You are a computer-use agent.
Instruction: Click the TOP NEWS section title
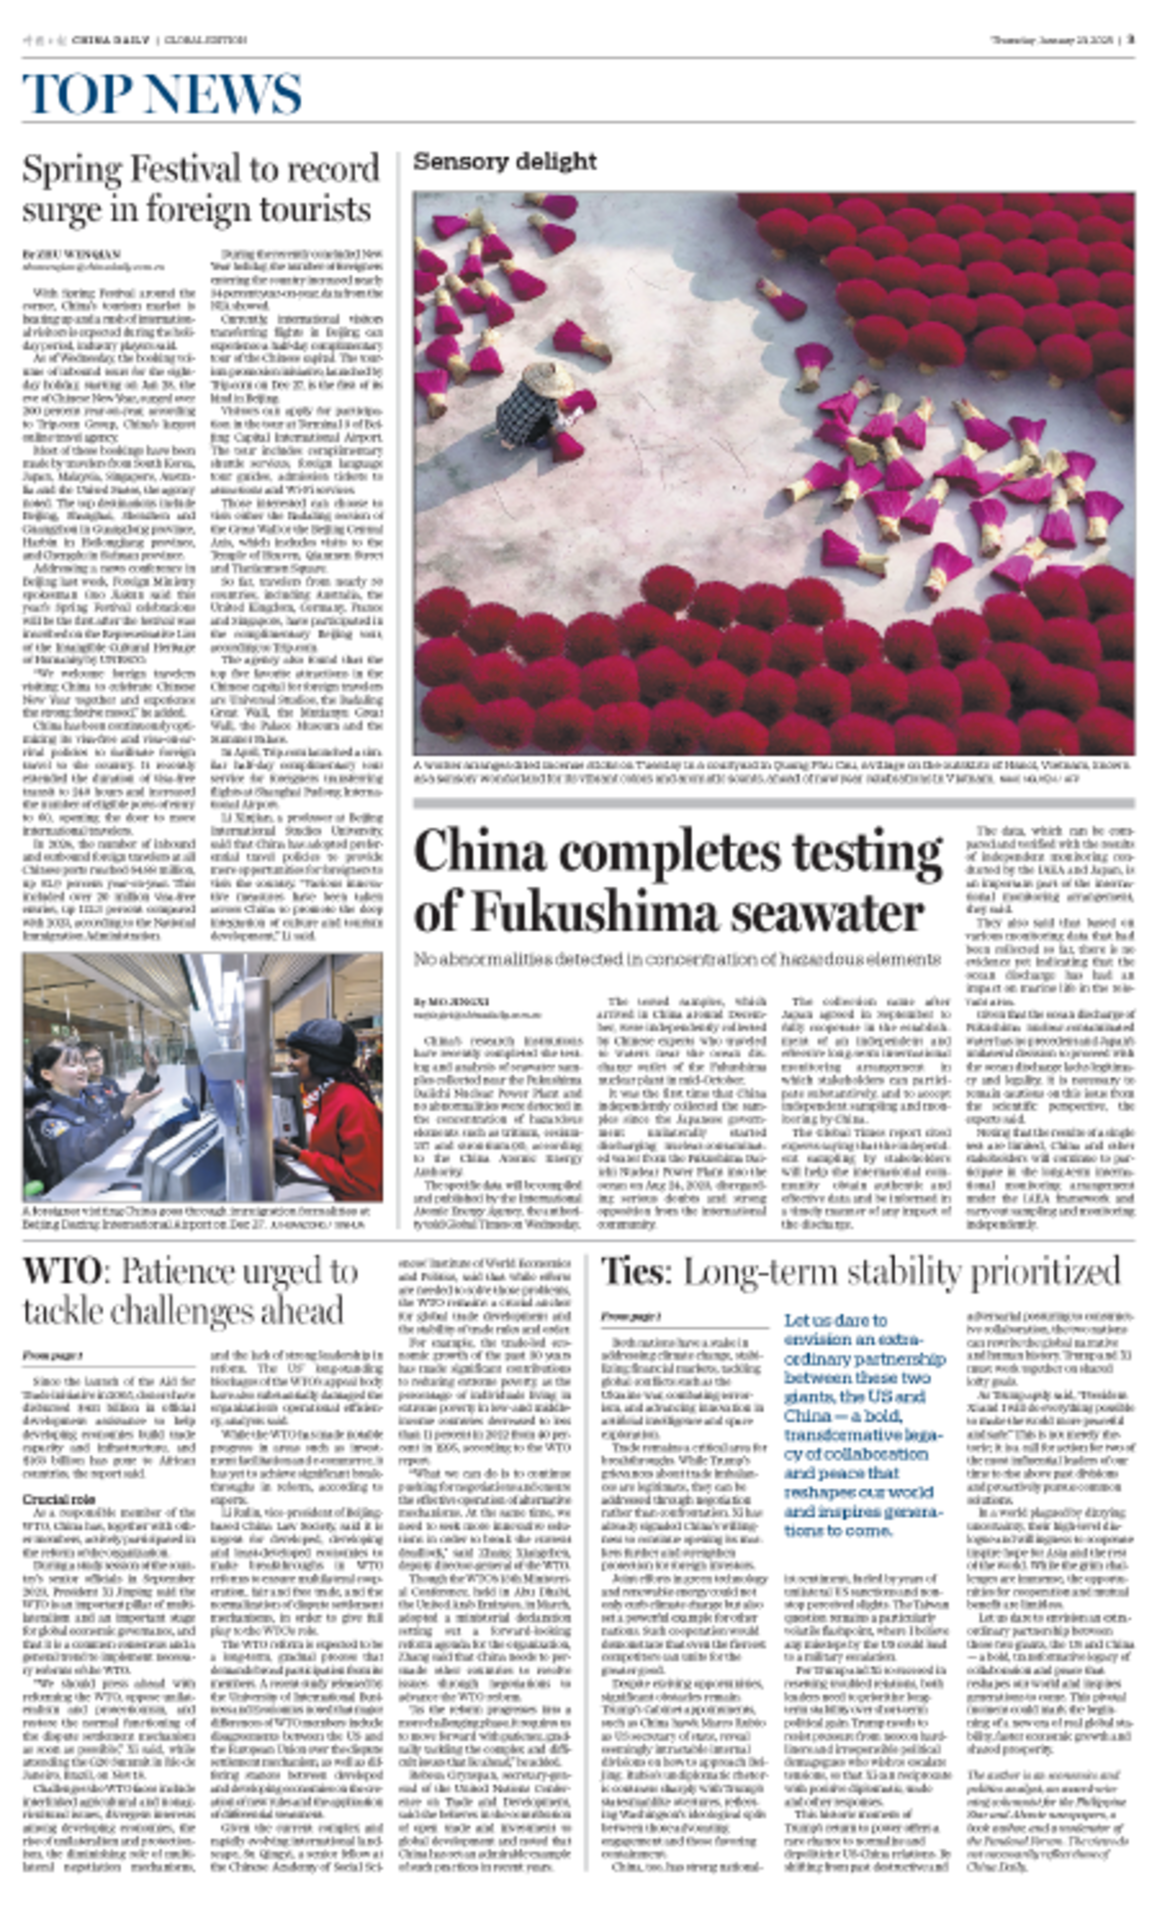coord(161,94)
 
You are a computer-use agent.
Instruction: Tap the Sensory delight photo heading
coord(505,161)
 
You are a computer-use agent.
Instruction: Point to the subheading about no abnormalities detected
coord(676,958)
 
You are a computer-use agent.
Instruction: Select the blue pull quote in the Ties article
coord(864,1424)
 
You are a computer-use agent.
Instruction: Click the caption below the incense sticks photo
coord(772,771)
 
